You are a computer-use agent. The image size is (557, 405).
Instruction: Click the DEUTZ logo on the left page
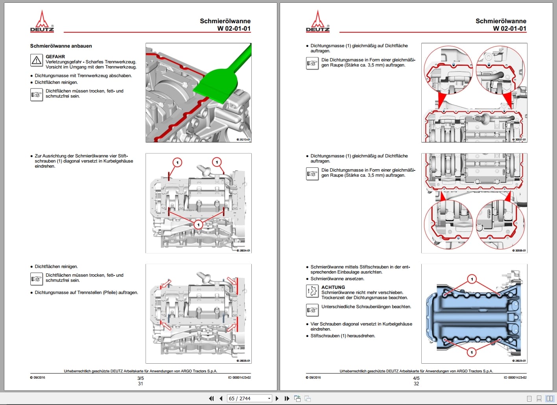pos(42,21)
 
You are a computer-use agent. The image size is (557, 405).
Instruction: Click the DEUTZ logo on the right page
pos(318,21)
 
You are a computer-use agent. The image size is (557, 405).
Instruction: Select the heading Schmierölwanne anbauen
pos(61,46)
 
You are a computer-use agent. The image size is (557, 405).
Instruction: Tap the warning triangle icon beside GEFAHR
pos(37,60)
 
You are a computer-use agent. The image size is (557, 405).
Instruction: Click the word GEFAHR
pos(55,57)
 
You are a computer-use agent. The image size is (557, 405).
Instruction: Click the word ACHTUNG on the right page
pos(333,287)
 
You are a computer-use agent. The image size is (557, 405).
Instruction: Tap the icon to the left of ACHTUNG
pos(312,291)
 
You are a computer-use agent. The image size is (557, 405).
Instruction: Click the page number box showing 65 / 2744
pos(249,398)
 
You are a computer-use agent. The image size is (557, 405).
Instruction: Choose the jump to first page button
pos(211,398)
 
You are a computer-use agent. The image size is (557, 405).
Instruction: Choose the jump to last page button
pos(287,398)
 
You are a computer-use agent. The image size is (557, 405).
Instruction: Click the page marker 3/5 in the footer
pos(140,378)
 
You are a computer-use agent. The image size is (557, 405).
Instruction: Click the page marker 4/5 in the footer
pos(416,378)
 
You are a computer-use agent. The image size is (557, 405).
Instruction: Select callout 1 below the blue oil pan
pos(472,352)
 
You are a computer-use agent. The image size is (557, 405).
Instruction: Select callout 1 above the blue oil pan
pos(472,279)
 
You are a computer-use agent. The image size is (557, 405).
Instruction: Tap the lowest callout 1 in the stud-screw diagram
pos(198,225)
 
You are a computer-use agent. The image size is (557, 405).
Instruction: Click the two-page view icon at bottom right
pos(550,398)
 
